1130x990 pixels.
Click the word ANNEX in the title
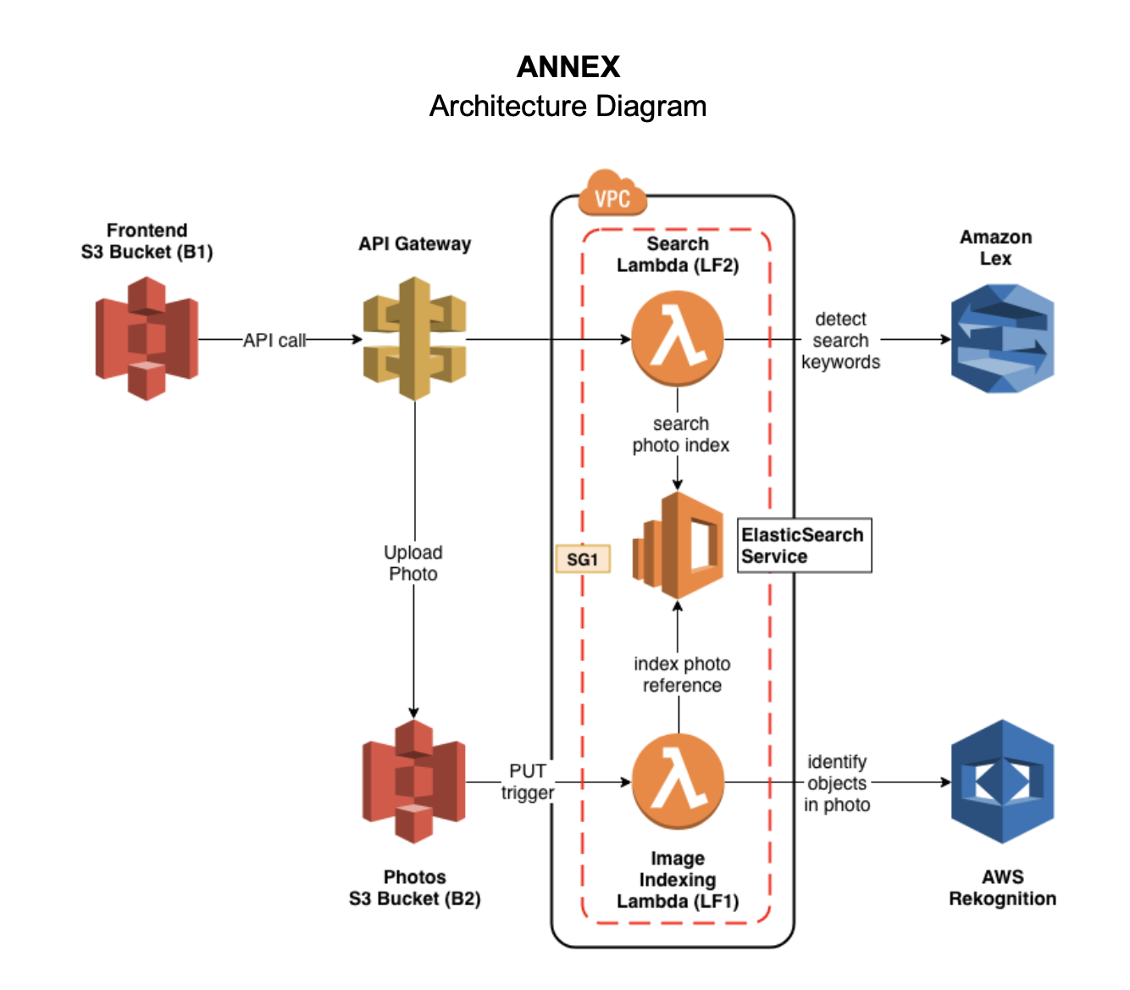pos(568,67)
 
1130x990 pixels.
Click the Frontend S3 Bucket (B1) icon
pos(147,338)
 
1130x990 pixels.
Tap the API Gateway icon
pos(414,338)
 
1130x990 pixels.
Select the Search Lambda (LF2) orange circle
pos(678,338)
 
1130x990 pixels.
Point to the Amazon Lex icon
pos(1002,338)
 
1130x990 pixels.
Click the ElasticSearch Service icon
pos(678,546)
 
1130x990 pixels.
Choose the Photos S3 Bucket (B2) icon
pos(413,781)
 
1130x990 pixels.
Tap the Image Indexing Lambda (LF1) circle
pos(678,781)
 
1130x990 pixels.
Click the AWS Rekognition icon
pos(1002,781)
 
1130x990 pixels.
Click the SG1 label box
pos(583,559)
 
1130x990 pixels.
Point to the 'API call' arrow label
pos(274,340)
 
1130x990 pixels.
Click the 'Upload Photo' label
pos(413,563)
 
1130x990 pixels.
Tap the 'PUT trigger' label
pos(527,781)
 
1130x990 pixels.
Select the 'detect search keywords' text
pos(840,341)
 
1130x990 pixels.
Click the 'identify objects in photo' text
pos(837,783)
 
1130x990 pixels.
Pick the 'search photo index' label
pos(680,434)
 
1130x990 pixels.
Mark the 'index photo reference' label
pos(682,675)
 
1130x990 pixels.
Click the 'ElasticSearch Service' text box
pos(804,546)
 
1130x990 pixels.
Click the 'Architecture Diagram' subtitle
pos(568,106)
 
